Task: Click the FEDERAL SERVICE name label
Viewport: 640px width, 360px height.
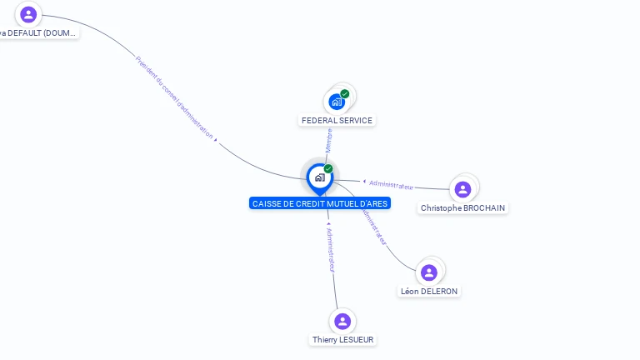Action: pyautogui.click(x=337, y=121)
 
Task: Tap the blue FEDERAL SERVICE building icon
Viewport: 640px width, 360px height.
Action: pyautogui.click(x=337, y=102)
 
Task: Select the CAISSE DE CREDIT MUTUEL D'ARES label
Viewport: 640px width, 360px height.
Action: pyautogui.click(x=320, y=203)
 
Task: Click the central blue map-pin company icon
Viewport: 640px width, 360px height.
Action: pyautogui.click(x=319, y=177)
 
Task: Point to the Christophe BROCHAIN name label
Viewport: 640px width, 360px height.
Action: pyautogui.click(x=462, y=207)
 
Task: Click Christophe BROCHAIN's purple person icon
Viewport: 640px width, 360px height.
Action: pyautogui.click(x=463, y=189)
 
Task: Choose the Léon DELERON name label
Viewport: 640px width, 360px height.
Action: pyautogui.click(x=429, y=291)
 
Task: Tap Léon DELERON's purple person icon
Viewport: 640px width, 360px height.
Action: pyautogui.click(x=429, y=272)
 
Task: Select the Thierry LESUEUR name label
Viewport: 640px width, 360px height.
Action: pyautogui.click(x=342, y=340)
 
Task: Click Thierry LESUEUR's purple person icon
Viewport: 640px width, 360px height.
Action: pyautogui.click(x=342, y=322)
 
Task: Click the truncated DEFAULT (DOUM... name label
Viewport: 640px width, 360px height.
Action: pyautogui.click(x=37, y=33)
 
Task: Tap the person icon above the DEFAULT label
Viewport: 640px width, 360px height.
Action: pyautogui.click(x=29, y=14)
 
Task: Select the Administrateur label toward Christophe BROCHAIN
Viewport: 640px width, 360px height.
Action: pyautogui.click(x=391, y=183)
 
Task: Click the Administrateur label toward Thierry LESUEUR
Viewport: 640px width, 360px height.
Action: pyautogui.click(x=330, y=248)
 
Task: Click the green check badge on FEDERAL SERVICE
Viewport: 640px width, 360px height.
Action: pyautogui.click(x=345, y=94)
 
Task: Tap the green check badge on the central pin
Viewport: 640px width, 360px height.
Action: pyautogui.click(x=328, y=169)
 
